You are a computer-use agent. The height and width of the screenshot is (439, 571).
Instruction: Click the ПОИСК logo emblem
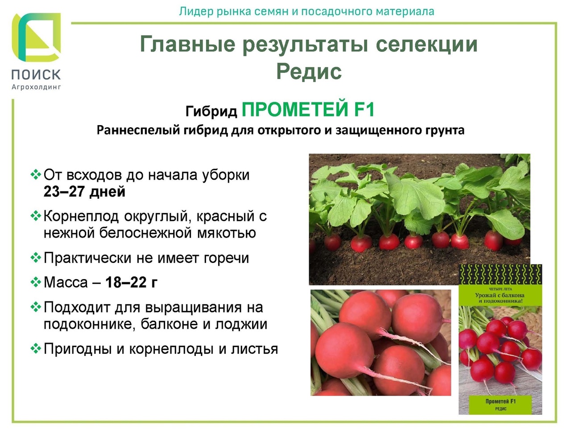[36, 38]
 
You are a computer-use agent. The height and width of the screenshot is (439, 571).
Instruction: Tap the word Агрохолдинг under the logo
[36, 87]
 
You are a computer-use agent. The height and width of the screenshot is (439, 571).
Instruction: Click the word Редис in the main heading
[309, 71]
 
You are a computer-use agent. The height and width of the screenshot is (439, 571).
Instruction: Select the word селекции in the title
[427, 44]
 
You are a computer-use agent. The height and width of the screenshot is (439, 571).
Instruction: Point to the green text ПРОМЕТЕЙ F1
[308, 109]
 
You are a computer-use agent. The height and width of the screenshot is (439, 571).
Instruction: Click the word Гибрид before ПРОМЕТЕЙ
[211, 112]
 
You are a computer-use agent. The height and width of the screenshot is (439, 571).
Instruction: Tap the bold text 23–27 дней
[84, 191]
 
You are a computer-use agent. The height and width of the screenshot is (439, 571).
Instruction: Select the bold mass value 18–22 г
[132, 283]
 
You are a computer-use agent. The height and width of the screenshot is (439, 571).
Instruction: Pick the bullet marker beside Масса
[36, 282]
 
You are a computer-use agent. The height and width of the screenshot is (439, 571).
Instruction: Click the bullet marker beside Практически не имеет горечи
[36, 258]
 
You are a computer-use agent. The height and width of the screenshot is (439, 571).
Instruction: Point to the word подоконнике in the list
[89, 324]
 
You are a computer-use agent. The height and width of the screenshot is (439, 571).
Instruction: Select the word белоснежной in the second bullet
[145, 233]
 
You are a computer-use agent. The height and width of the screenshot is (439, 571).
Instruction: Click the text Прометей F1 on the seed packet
[501, 401]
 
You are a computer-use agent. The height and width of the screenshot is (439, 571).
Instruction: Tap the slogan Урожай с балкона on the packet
[500, 295]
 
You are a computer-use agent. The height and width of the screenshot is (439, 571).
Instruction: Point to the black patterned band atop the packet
[501, 274]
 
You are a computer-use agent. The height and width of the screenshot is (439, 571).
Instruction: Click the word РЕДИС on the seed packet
[501, 409]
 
